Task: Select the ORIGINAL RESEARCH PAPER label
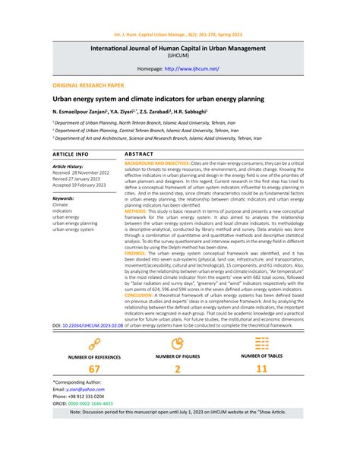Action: pos(87,87)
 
